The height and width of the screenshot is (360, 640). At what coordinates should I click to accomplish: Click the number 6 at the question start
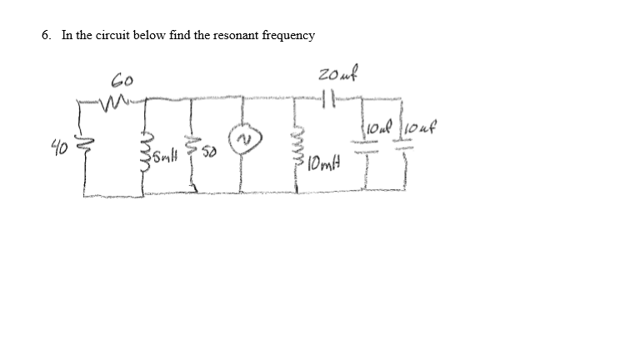click(45, 35)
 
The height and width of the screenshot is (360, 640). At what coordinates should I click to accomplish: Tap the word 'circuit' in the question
click(112, 35)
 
